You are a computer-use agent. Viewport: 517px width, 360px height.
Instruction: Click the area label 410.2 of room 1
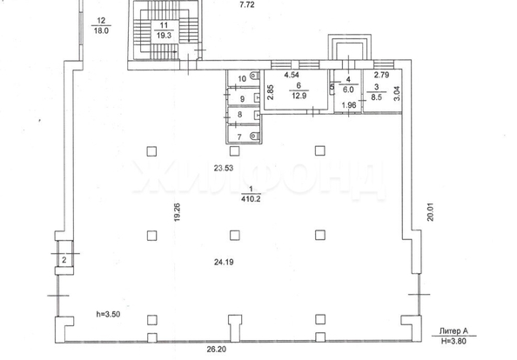251,198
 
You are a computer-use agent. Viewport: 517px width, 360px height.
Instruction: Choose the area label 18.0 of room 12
101,29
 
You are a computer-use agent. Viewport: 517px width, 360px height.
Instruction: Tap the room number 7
241,137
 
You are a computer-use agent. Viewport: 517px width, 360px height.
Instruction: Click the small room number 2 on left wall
63,259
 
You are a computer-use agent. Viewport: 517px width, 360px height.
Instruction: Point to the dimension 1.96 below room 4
349,106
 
